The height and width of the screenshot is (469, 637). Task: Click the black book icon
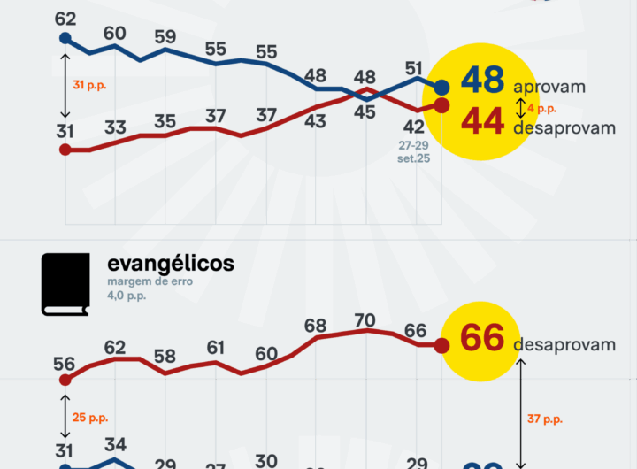coord(65,284)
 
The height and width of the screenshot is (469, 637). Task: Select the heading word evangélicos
coord(171,264)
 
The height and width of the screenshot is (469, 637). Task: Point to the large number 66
coord(482,339)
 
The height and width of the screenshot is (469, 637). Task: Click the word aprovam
coord(549,88)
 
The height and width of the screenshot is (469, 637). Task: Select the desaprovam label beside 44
coord(564,128)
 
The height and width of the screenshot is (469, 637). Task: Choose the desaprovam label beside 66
coord(564,344)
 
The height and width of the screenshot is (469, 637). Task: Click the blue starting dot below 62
coord(65,38)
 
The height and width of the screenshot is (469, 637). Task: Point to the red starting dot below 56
coord(65,379)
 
